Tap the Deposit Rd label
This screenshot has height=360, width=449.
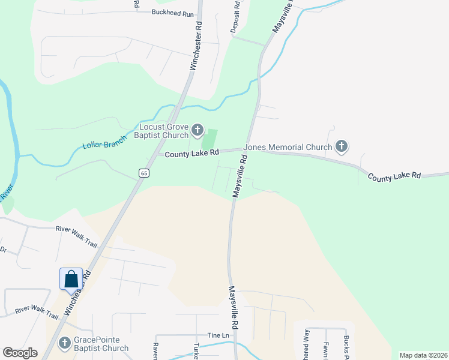pos(236,17)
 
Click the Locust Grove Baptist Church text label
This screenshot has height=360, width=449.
pos(164,131)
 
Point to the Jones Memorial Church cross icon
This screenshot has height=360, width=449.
pos(342,146)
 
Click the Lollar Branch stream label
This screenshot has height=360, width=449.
pos(105,142)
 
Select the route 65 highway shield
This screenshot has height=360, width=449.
pos(143,173)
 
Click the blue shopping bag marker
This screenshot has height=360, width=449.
pos(71,278)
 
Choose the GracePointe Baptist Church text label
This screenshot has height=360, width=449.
pos(101,344)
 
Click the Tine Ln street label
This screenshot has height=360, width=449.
pos(218,335)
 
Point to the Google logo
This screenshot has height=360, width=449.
pos(20,352)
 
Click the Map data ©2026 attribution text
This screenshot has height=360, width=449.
pos(423,355)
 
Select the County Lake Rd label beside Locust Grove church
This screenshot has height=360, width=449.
pos(191,154)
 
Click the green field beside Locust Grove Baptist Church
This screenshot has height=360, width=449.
pos(209,140)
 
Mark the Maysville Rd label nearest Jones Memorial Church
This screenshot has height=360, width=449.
pos(240,176)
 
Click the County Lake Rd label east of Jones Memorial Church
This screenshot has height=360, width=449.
pos(394,176)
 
